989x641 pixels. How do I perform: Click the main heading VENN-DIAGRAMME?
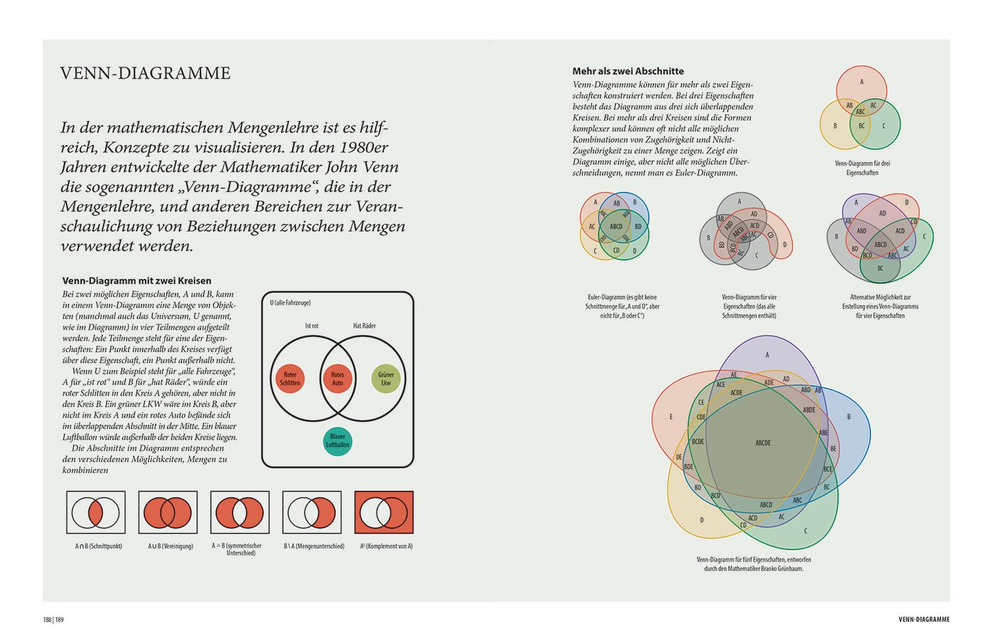tap(145, 73)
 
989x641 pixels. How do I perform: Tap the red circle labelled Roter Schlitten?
tap(290, 379)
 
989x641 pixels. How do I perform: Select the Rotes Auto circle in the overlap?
tap(337, 379)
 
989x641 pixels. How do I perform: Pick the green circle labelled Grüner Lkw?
tap(386, 379)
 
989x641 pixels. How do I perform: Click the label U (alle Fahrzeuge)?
tap(290, 303)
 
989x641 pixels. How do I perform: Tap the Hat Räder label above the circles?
tap(365, 326)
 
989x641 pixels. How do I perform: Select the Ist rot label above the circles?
tap(313, 326)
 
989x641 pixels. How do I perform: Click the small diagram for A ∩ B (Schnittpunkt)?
tap(96, 512)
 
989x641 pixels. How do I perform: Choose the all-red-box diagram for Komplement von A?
tap(384, 512)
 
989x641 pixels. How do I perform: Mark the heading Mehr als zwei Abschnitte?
tap(628, 71)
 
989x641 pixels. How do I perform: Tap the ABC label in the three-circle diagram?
tap(860, 111)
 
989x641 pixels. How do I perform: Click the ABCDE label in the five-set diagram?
tap(763, 443)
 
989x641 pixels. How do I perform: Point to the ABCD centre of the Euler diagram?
tap(616, 227)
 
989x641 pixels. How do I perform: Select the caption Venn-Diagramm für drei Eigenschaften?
tap(862, 168)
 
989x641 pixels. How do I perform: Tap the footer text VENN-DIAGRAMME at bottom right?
tap(924, 619)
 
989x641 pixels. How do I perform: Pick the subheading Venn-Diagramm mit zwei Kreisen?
tap(136, 280)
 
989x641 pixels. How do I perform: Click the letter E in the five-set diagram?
tap(671, 417)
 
